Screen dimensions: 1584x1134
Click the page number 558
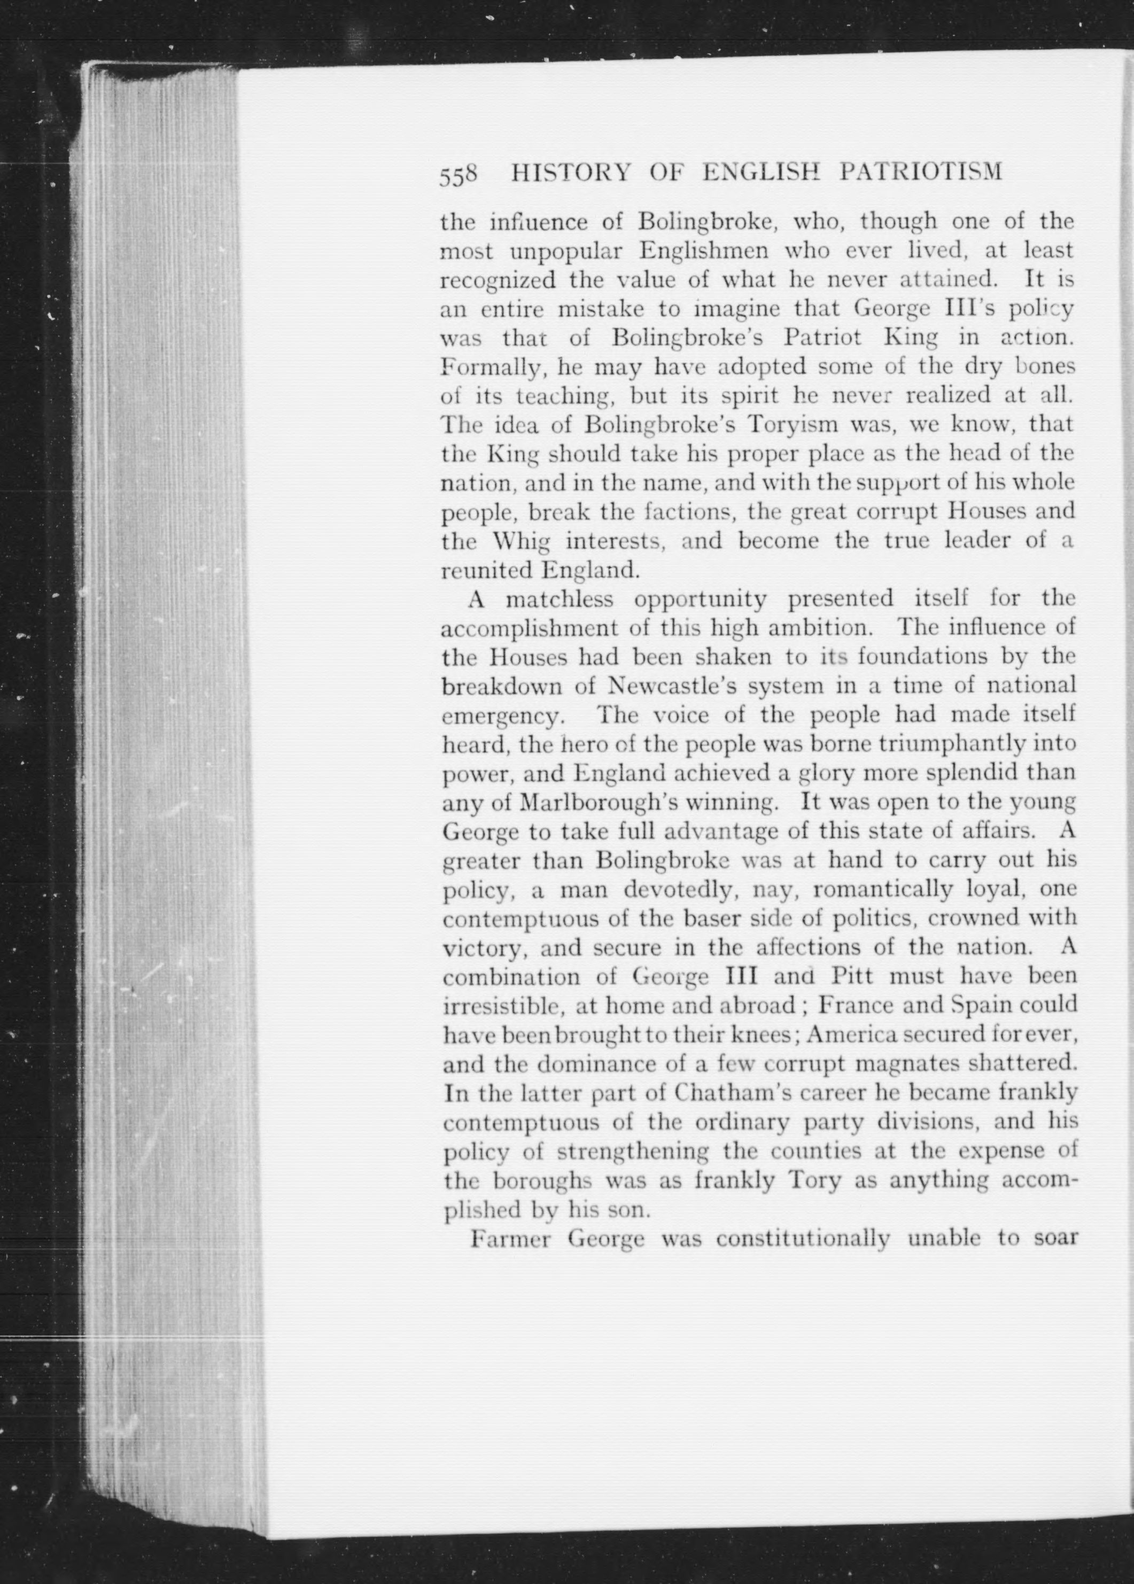coord(458,175)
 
